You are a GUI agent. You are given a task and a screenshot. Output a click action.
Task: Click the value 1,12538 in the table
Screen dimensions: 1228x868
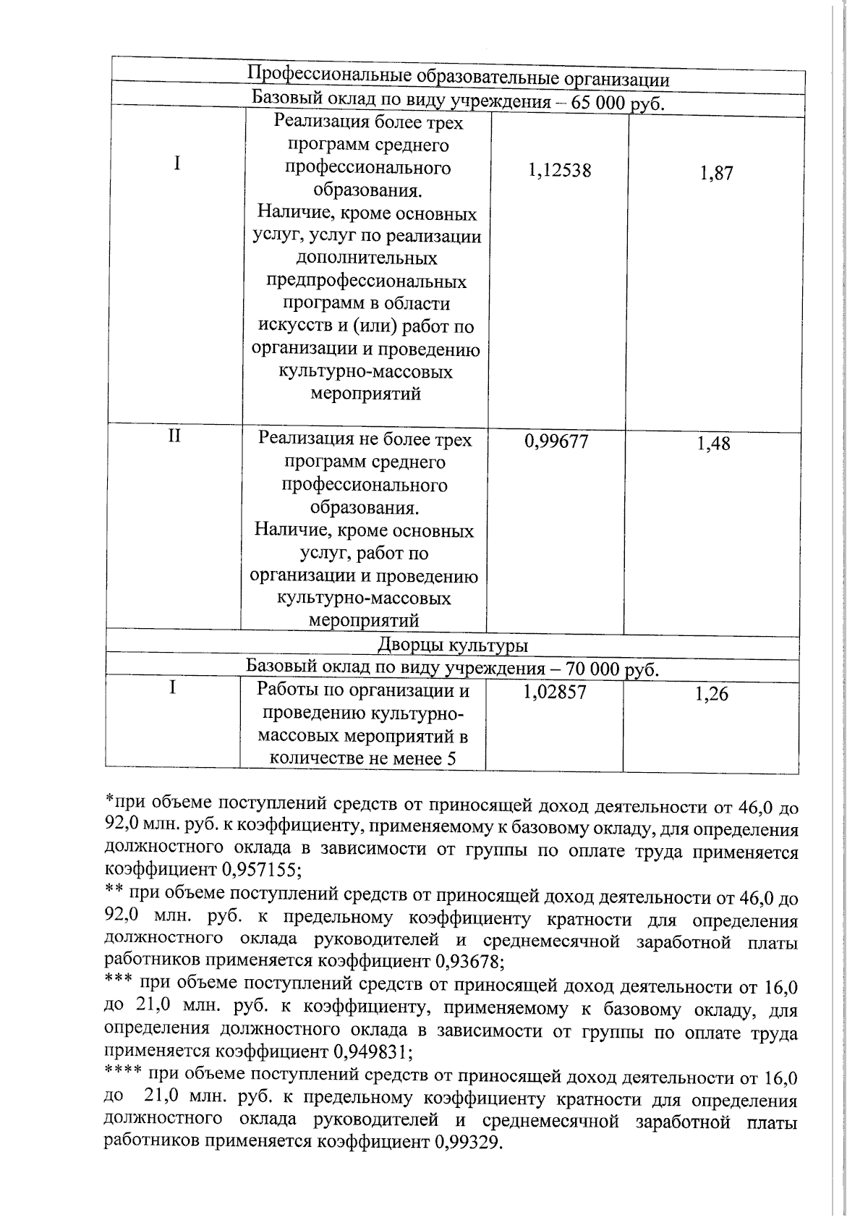click(559, 171)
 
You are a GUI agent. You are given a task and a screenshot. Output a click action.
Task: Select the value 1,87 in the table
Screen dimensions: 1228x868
click(716, 174)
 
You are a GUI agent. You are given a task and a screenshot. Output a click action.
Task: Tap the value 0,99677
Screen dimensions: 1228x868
click(556, 441)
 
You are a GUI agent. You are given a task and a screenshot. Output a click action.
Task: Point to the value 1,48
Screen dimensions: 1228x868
click(713, 444)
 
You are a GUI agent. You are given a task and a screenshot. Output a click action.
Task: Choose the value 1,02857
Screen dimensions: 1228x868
click(554, 693)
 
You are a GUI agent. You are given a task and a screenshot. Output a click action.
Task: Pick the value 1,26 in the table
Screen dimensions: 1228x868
click(712, 695)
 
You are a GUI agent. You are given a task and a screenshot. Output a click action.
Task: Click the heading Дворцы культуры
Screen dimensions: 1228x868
click(453, 645)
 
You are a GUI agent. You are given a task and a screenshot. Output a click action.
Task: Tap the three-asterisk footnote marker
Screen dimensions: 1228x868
click(119, 983)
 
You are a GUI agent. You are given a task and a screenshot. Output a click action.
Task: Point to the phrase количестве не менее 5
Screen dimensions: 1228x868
click(366, 758)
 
